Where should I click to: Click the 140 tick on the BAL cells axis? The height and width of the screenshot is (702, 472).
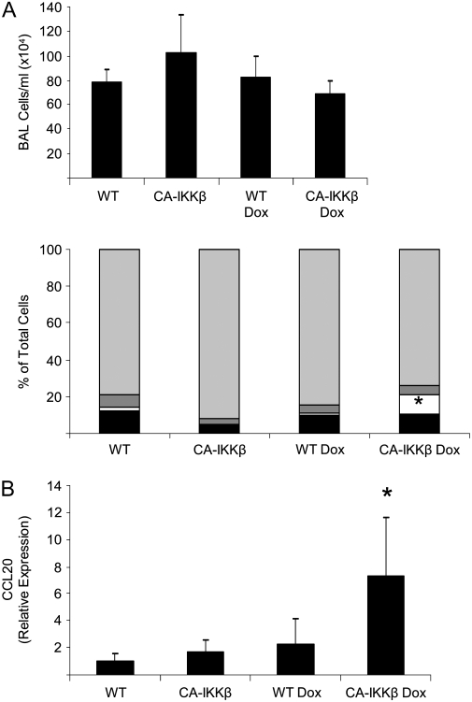[x=55, y=7]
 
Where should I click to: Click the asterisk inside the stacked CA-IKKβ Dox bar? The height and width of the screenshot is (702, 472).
[x=419, y=402]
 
